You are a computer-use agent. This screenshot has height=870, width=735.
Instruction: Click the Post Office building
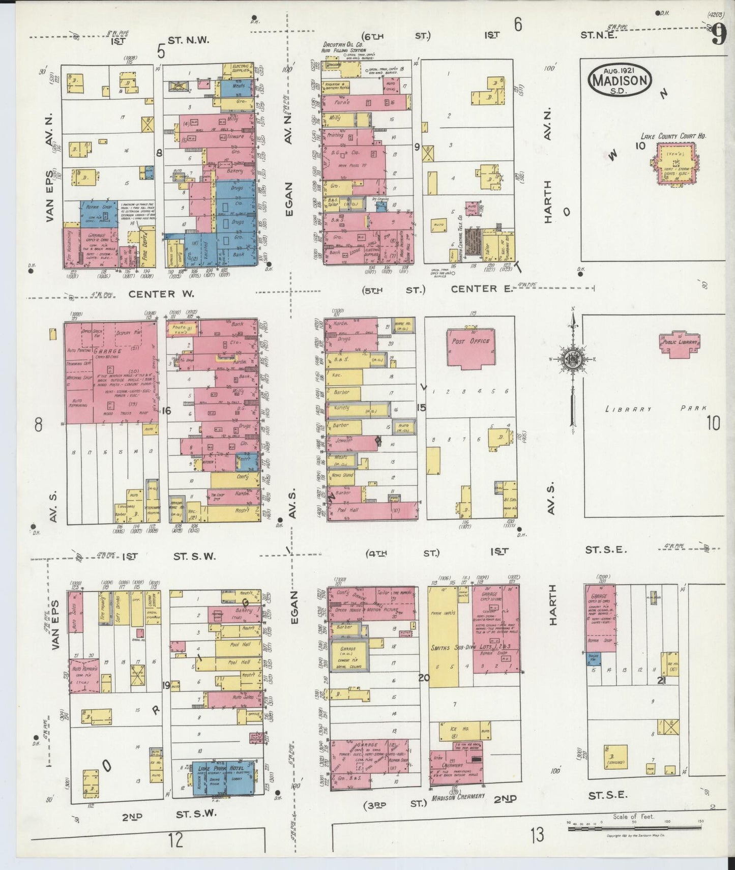pyautogui.click(x=471, y=346)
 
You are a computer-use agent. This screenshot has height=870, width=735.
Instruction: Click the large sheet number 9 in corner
pyautogui.click(x=718, y=36)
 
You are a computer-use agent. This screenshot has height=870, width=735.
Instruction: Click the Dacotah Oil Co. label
pyautogui.click(x=342, y=45)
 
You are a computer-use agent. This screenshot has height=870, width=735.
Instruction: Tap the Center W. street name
pyautogui.click(x=154, y=294)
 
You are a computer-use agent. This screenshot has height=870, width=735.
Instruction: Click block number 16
pyautogui.click(x=166, y=411)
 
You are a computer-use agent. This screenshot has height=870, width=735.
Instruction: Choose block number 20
pyautogui.click(x=423, y=677)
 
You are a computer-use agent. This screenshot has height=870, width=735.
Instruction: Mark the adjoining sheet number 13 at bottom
pyautogui.click(x=537, y=834)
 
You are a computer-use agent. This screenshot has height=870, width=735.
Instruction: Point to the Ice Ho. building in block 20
pyautogui.click(x=456, y=731)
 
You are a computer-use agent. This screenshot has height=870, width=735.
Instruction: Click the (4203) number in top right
pyautogui.click(x=715, y=15)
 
